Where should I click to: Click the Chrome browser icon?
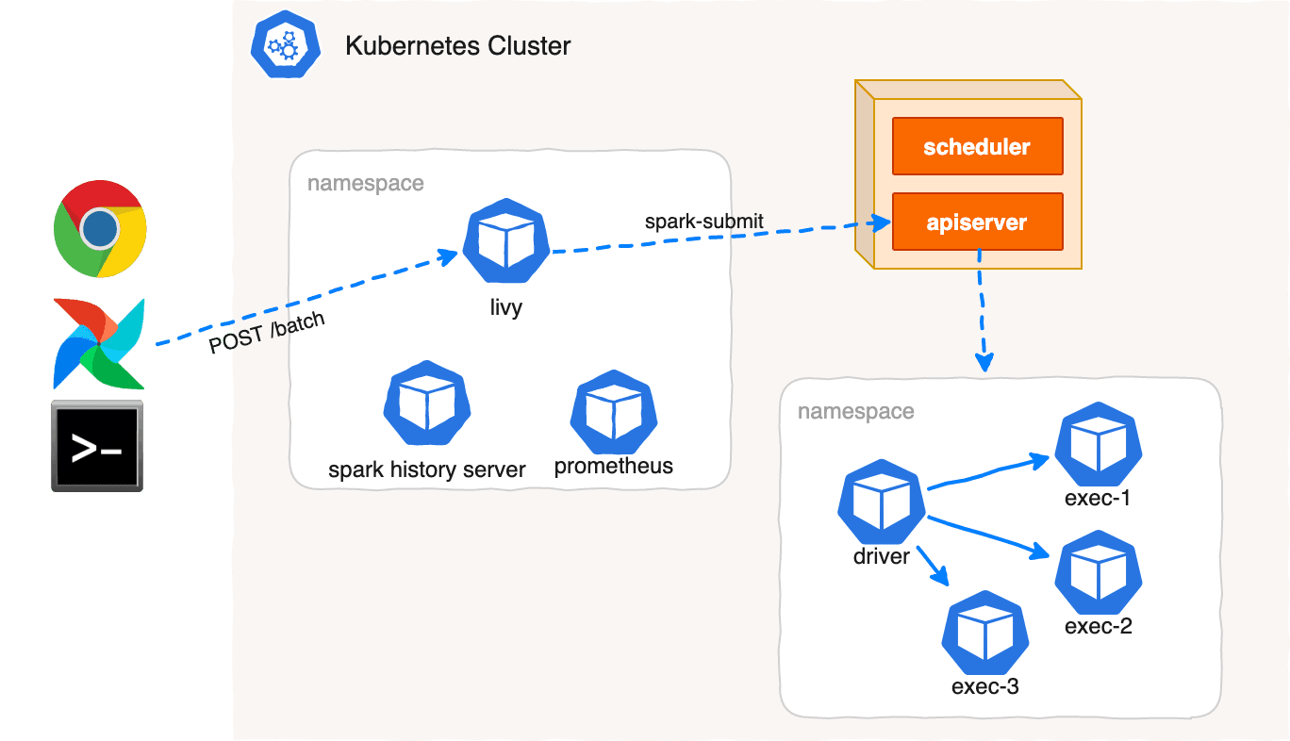99,228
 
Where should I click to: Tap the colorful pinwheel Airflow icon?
99,343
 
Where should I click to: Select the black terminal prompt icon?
97,445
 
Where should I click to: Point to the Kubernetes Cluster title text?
457,45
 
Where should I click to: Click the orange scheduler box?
977,147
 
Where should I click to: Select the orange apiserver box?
977,222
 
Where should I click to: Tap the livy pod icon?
505,241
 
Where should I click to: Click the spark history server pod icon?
426,403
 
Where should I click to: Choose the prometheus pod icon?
613,412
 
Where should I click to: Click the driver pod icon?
881,502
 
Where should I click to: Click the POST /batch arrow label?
267,333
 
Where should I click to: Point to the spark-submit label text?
703,222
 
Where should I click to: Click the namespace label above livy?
366,183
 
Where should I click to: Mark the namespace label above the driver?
855,411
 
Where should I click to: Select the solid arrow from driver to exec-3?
934,563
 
